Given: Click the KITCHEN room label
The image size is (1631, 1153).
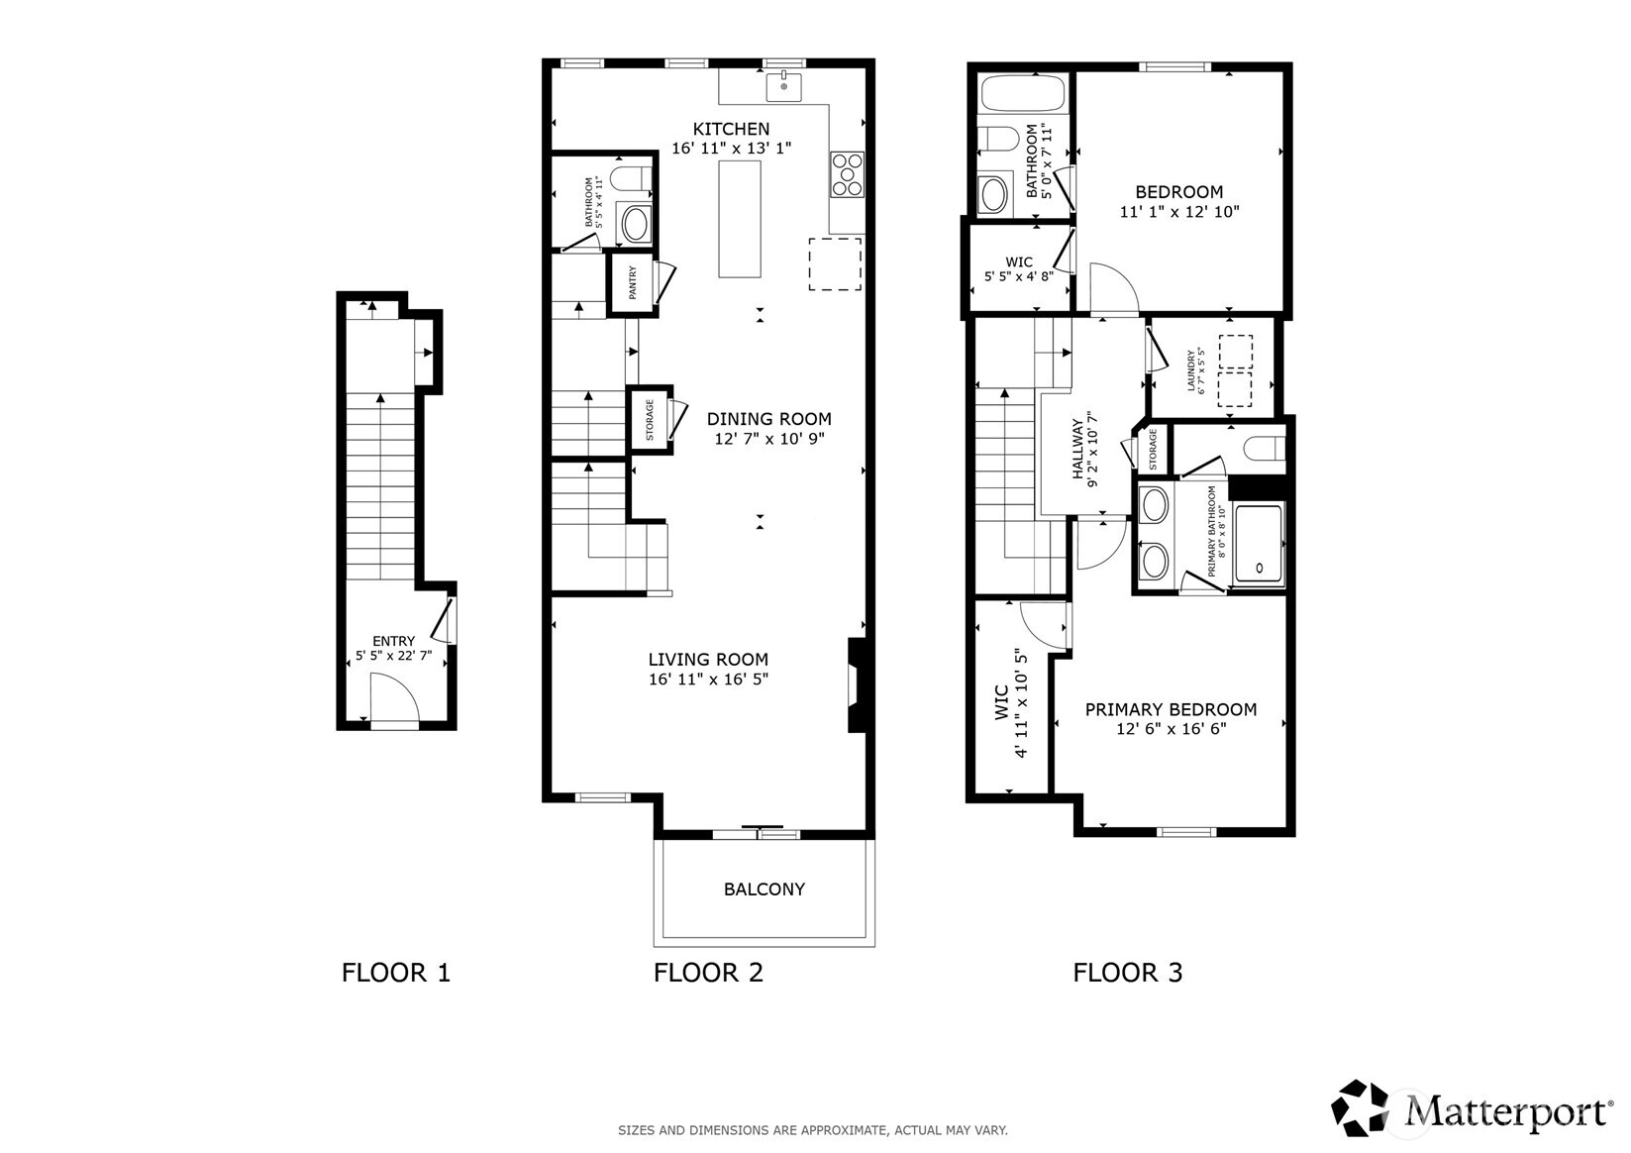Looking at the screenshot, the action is [x=731, y=129].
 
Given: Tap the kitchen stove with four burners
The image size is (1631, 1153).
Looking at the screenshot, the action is [x=848, y=174].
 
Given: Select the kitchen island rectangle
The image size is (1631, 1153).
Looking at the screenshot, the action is [x=740, y=219].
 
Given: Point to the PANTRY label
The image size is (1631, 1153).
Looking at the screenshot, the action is [x=633, y=282].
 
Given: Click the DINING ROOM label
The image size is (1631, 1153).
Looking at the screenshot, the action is [x=768, y=419].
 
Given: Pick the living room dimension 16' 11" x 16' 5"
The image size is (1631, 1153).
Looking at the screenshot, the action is [x=708, y=680].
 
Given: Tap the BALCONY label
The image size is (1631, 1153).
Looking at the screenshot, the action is [x=765, y=890].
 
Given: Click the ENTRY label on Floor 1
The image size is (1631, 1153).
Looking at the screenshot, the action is [x=394, y=641].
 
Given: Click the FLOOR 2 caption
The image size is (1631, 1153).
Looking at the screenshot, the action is [x=708, y=973].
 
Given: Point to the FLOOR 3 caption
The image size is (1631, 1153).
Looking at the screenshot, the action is [x=1128, y=973].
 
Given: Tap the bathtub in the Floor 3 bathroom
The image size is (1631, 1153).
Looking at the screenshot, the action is [x=1023, y=93].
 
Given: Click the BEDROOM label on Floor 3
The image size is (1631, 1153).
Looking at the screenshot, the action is [x=1179, y=192].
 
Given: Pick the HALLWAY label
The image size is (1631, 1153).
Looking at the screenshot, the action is [x=1077, y=449].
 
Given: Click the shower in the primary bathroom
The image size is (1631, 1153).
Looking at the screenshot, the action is [x=1259, y=544].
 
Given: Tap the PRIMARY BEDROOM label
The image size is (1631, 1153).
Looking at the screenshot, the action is [x=1171, y=709].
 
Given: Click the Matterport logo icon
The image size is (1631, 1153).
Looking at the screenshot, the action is [x=1360, y=1108].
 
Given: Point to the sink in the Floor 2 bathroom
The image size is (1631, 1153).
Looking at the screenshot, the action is [x=635, y=224].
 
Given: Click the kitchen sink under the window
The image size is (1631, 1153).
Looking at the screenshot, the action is [x=784, y=87].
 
